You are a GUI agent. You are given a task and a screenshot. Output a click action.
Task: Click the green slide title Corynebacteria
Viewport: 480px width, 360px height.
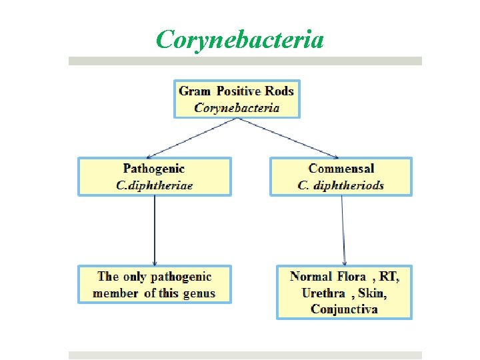240,39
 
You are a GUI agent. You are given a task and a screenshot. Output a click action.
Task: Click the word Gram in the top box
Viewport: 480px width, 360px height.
194,91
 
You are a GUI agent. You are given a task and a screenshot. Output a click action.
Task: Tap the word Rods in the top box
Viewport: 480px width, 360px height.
279,91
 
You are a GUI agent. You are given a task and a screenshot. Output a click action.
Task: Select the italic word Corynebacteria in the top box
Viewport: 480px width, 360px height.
237,107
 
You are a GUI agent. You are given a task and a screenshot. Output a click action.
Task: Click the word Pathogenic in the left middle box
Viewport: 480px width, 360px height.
154,169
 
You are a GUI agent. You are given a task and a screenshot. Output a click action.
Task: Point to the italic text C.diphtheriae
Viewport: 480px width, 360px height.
154,185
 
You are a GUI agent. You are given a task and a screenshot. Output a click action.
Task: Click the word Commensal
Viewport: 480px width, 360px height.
341,169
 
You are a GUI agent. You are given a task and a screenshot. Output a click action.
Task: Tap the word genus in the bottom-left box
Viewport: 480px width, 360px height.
198,293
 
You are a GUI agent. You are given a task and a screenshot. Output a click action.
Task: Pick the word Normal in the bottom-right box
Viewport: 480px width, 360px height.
311,276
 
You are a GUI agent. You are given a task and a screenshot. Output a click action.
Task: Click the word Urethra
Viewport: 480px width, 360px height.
323,293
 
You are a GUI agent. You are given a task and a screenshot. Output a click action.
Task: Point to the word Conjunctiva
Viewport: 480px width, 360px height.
344,309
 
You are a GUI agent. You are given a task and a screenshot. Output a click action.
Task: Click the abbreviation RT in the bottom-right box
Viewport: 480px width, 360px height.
389,276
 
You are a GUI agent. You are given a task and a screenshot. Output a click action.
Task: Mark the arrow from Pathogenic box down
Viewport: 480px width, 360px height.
155,230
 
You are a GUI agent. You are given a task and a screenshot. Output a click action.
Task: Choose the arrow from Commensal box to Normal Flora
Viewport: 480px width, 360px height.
343,230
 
